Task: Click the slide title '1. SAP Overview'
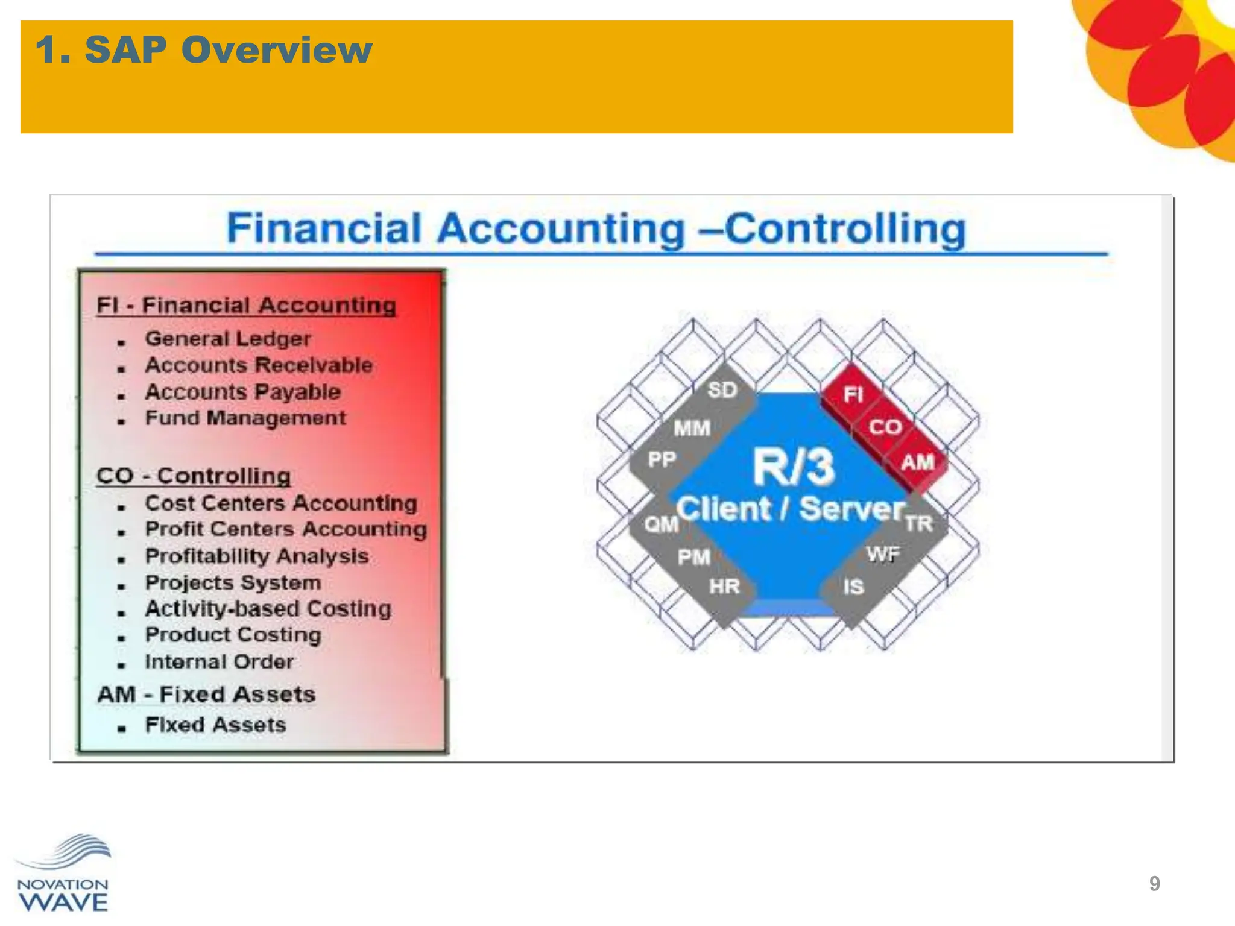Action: click(204, 49)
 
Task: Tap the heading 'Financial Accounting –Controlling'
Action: click(596, 229)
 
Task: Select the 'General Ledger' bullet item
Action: click(228, 339)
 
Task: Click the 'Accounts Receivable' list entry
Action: click(259, 365)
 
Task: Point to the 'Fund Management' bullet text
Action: click(245, 418)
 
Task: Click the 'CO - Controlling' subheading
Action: click(194, 476)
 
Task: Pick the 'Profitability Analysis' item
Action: click(257, 556)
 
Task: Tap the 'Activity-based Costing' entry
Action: click(268, 609)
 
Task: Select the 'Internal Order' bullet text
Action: click(220, 662)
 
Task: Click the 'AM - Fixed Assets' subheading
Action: click(206, 694)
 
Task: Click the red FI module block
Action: click(853, 395)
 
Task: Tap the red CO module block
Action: click(885, 427)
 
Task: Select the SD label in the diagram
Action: click(722, 391)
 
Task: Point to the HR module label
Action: click(724, 586)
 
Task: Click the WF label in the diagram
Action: click(883, 554)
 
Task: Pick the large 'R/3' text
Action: click(794, 467)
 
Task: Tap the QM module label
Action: click(661, 524)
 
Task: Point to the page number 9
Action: click(1154, 884)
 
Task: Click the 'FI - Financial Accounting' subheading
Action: click(246, 306)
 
